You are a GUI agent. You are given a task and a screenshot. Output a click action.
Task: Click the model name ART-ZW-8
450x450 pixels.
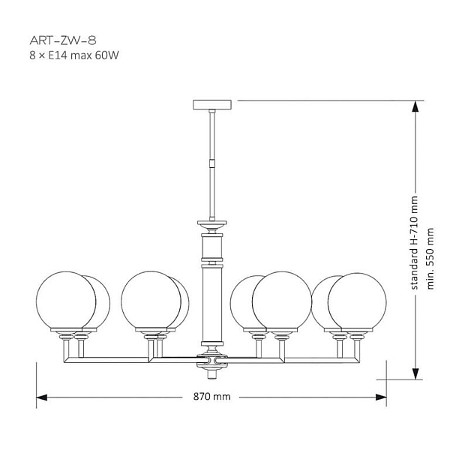point(63,40)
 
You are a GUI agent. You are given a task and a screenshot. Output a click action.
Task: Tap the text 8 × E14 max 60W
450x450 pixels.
point(74,55)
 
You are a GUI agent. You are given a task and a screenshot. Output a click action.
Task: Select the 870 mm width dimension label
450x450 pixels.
point(211,397)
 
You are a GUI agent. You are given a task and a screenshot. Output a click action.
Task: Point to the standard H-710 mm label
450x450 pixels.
point(414,243)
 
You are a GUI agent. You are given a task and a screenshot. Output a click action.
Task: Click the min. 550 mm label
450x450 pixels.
point(430,259)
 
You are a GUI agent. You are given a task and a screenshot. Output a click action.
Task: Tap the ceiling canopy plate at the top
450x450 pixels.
point(212,104)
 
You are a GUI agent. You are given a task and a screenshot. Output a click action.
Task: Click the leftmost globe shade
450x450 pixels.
point(66,300)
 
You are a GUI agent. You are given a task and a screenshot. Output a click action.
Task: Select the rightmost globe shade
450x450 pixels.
point(357,301)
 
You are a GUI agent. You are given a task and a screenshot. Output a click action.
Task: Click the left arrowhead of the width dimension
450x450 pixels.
point(41,397)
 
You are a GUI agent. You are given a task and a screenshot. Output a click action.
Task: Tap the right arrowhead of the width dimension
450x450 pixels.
point(381,397)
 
